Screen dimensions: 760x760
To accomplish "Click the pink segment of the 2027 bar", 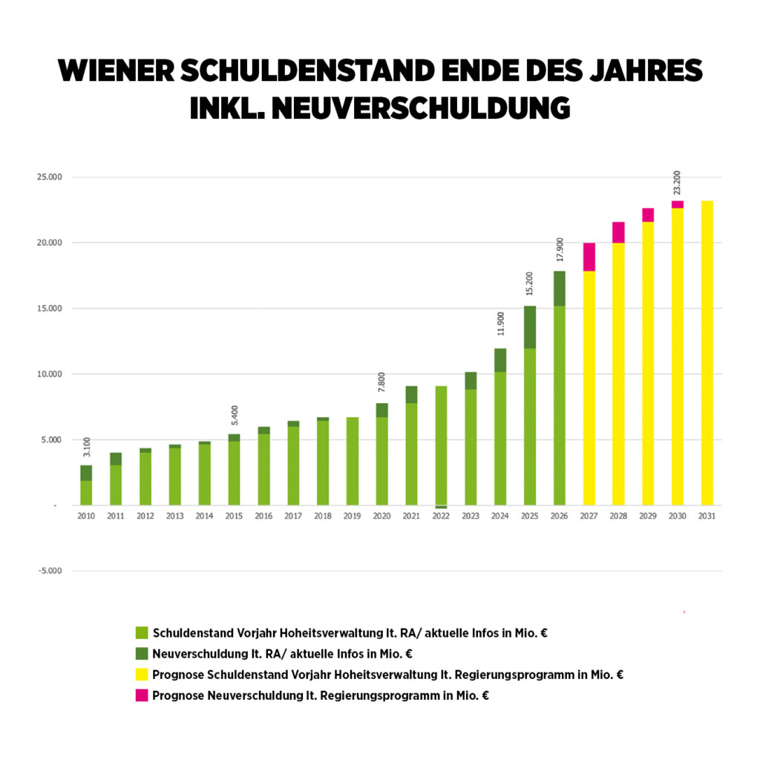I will pyautogui.click(x=589, y=257).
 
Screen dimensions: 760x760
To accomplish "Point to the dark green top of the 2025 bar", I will pyautogui.click(x=530, y=327).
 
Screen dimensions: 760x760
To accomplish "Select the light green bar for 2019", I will pyautogui.click(x=353, y=461).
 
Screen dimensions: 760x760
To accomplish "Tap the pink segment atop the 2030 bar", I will pyautogui.click(x=678, y=204).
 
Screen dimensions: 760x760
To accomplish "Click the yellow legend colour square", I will pyautogui.click(x=142, y=675).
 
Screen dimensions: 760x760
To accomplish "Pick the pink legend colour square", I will pyautogui.click(x=142, y=696).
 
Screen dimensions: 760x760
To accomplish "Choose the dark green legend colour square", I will pyautogui.click(x=142, y=655).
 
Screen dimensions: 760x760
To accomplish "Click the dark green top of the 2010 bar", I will pyautogui.click(x=87, y=473).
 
